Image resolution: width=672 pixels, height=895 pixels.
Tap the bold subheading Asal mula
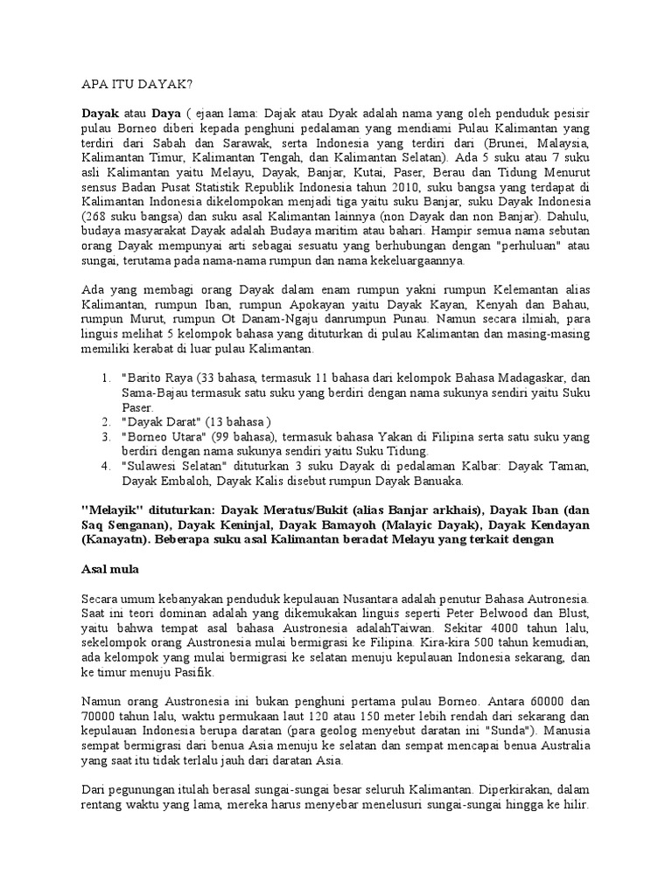click(x=109, y=567)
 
